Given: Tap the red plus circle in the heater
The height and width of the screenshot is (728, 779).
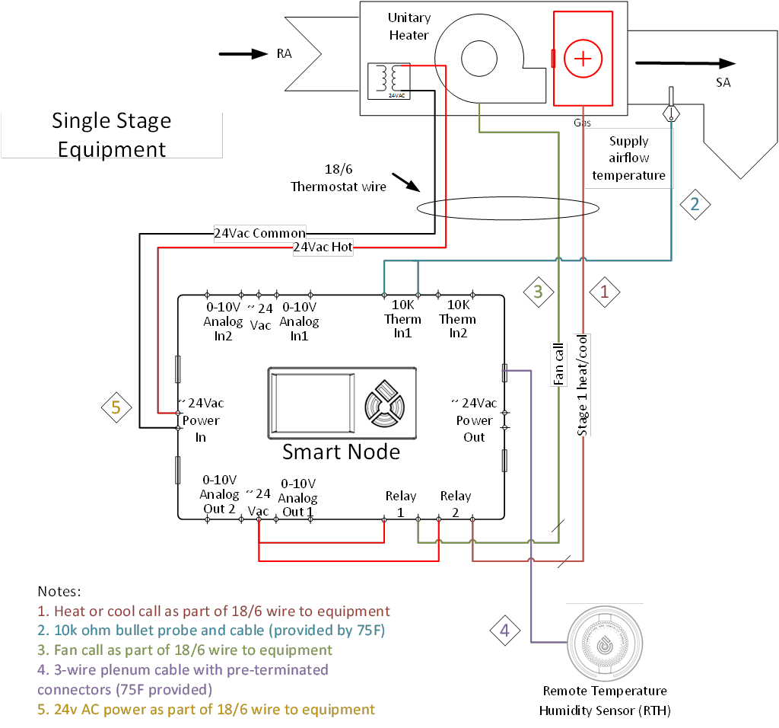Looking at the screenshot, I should click(x=582, y=59).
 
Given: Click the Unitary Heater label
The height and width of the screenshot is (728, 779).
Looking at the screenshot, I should click(x=409, y=27).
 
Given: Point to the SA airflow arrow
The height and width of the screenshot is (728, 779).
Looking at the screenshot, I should click(x=685, y=64).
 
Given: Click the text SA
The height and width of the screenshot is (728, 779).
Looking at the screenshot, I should click(x=723, y=82).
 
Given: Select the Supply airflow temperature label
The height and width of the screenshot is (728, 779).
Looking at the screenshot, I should click(x=628, y=158).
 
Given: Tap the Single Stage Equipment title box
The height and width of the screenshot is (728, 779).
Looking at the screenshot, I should click(x=112, y=135).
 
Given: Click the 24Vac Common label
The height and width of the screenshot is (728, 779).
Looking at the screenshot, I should click(x=259, y=234).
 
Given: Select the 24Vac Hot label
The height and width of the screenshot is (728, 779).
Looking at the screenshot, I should click(x=323, y=247).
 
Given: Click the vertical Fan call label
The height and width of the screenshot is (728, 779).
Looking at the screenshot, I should click(x=559, y=364).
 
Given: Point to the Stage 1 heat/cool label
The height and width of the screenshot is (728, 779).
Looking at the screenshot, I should click(x=583, y=385).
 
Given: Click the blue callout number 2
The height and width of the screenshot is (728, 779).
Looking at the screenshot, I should click(x=694, y=204).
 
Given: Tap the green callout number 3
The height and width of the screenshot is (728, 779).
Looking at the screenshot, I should click(x=538, y=292).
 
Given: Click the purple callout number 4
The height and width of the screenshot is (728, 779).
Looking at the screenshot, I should click(x=504, y=631).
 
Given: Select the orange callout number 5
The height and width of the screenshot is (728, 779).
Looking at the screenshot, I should click(x=116, y=407).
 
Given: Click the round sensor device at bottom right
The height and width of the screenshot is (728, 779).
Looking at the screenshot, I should click(x=605, y=643).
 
